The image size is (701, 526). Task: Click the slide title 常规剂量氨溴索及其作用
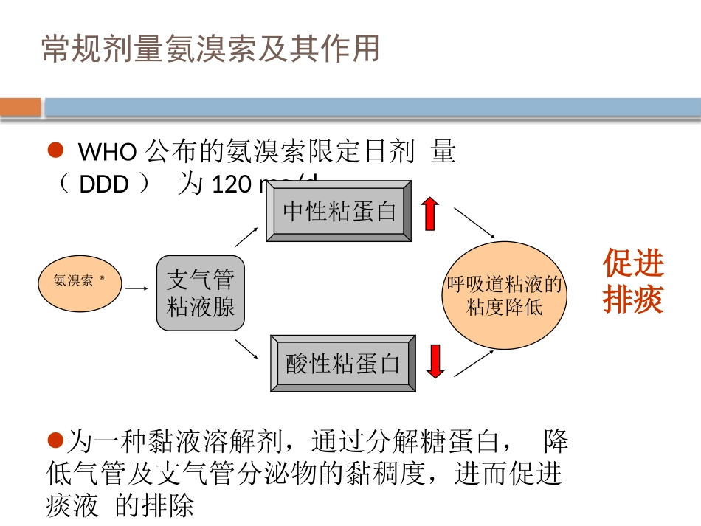[x=210, y=49]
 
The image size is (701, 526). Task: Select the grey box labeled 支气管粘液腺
[x=201, y=293]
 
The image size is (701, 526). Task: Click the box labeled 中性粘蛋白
[x=339, y=211]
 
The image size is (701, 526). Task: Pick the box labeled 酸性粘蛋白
[x=343, y=363]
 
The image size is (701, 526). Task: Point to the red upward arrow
[x=430, y=213]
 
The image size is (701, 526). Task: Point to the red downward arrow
[x=436, y=360]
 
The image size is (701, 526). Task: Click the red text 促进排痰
[x=633, y=281]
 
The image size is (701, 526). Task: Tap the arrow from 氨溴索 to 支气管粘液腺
[x=137, y=288]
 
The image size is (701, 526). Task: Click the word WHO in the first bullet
[x=107, y=152]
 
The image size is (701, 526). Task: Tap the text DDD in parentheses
[x=104, y=184]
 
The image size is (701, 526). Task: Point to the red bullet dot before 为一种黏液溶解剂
[x=54, y=440]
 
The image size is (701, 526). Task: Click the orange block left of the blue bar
[x=21, y=108]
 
